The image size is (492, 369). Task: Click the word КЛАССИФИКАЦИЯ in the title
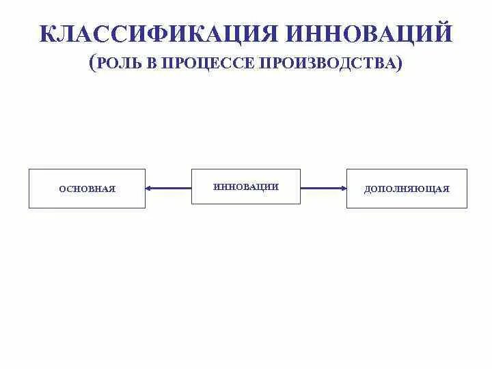click(x=159, y=33)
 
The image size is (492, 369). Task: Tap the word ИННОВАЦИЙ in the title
click(x=369, y=33)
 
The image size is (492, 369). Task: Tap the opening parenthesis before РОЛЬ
click(x=93, y=64)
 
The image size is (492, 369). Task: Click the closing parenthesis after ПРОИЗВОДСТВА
click(x=398, y=64)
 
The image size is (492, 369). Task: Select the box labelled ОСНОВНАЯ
click(x=87, y=188)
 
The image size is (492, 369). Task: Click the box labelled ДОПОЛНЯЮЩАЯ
click(x=407, y=188)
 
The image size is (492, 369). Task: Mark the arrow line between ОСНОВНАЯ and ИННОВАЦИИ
click(x=169, y=188)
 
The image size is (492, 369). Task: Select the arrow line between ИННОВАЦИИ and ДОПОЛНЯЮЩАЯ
click(x=323, y=188)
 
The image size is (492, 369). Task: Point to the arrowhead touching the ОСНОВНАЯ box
click(x=149, y=188)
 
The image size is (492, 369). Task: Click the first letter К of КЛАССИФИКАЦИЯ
click(x=48, y=33)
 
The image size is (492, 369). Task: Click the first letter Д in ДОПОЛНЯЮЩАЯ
click(x=368, y=189)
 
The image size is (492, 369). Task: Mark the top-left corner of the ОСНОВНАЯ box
click(x=29, y=169)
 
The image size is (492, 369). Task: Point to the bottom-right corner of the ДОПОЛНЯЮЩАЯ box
click(x=467, y=208)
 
